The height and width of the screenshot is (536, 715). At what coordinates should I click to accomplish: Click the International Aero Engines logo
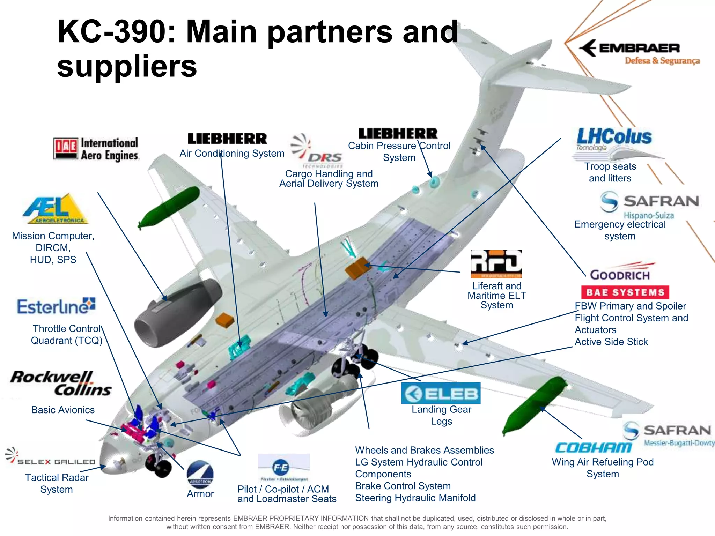tap(96, 149)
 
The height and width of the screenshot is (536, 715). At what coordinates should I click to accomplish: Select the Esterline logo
tap(56, 306)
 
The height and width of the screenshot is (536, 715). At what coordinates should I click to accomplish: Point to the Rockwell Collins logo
tap(61, 383)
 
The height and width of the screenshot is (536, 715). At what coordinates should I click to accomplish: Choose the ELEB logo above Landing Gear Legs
tap(441, 393)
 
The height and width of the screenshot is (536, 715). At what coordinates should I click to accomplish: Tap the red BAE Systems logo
tap(625, 292)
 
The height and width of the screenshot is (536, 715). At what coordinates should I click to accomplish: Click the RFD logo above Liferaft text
tap(496, 264)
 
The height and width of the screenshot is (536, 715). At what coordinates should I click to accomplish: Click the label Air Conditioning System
tap(232, 154)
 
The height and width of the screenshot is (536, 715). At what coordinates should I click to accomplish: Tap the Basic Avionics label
tap(63, 410)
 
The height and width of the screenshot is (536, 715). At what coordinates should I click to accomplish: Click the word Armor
tap(200, 494)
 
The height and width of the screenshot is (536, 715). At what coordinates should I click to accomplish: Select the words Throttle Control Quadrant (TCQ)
tap(67, 335)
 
